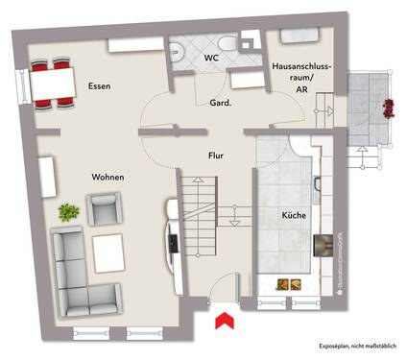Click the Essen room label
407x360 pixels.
click(x=99, y=86)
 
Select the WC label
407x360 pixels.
click(x=209, y=59)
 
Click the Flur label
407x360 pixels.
click(x=216, y=154)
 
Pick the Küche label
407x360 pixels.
click(x=294, y=216)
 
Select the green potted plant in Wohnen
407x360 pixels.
click(x=68, y=209)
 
